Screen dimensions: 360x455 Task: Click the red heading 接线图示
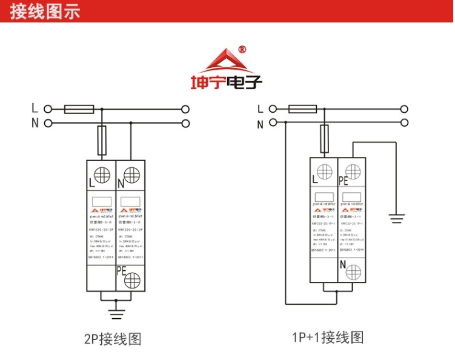pos(45,12)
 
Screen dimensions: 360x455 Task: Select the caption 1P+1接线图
pos(327,336)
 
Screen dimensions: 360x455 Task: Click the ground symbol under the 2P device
pos(115,313)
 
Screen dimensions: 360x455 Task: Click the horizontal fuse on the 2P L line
pos(79,109)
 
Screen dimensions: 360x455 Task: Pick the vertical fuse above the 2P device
pos(102,139)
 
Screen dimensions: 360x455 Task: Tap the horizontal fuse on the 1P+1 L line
pos(302,109)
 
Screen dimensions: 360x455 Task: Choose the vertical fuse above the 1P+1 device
pos(325,139)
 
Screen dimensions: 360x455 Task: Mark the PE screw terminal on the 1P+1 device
pos(352,171)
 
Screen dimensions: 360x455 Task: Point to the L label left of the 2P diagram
pos(35,109)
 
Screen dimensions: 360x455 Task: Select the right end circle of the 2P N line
pos(186,124)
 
